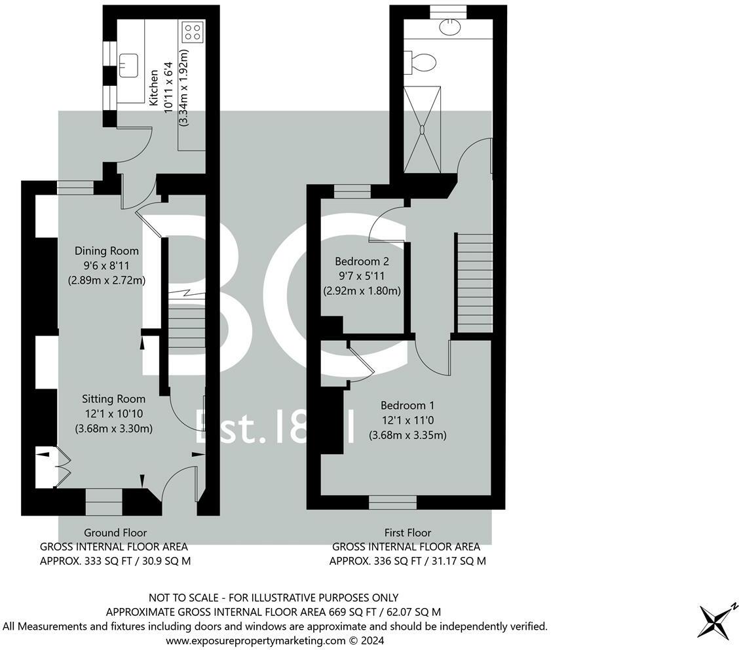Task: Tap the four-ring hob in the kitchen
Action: click(x=193, y=32)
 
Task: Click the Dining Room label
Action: click(x=106, y=250)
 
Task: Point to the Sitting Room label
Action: click(x=113, y=398)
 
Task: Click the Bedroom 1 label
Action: click(x=407, y=405)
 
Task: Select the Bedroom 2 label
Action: click(x=362, y=260)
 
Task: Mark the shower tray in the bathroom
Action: click(x=423, y=129)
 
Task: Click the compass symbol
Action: click(x=717, y=621)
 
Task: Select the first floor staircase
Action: click(x=474, y=282)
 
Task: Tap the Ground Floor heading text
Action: click(x=115, y=533)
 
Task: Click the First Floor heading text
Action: click(x=407, y=533)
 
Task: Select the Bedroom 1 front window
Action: click(x=392, y=502)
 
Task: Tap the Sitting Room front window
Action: click(x=104, y=502)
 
